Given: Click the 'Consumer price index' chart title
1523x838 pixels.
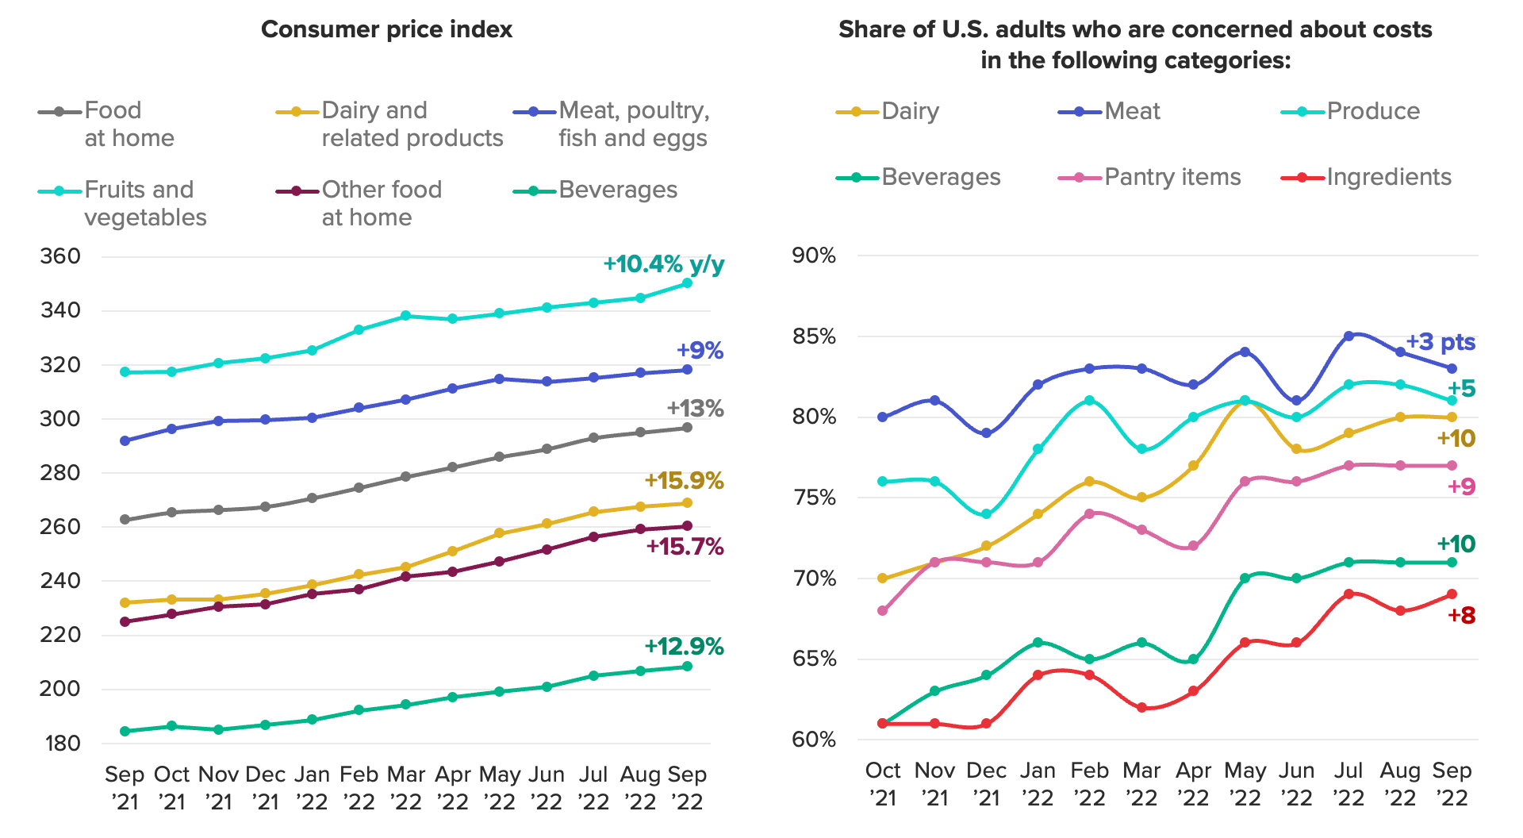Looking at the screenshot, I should (386, 29).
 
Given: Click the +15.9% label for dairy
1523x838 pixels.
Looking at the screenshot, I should (684, 480).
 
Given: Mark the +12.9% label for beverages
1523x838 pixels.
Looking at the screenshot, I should (684, 647).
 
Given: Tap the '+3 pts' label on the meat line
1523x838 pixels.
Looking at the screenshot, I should (1440, 342).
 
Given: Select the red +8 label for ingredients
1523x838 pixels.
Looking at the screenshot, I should (1461, 615).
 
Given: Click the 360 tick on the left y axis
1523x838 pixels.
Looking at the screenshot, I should (60, 256).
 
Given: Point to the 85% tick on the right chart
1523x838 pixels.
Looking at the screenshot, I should (814, 336).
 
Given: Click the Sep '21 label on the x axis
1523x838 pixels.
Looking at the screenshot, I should (125, 787).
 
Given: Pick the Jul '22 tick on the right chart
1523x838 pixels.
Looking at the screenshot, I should (1348, 784).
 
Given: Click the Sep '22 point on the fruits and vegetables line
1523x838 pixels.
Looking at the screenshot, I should (687, 283).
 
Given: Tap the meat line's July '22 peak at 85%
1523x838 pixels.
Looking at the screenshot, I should (1348, 336).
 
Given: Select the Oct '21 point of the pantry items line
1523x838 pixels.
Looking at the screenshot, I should (883, 611).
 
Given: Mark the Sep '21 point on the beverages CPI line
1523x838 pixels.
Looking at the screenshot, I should (125, 731).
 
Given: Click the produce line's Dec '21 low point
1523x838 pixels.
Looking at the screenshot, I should (986, 514).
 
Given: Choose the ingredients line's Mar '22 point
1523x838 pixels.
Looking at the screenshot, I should (1141, 708).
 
